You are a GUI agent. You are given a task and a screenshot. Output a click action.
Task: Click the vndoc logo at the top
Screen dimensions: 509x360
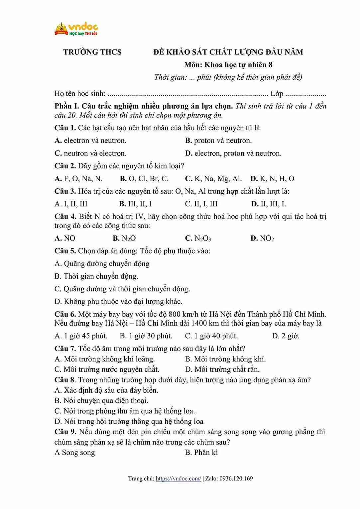(x=76, y=29)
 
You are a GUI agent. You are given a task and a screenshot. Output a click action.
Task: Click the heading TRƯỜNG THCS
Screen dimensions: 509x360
(x=92, y=52)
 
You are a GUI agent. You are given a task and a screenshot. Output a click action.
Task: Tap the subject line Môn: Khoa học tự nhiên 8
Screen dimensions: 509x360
(x=228, y=65)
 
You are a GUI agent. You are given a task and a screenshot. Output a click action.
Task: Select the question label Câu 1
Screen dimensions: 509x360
(x=65, y=128)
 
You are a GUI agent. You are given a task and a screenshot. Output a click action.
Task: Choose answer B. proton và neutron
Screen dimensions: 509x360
(x=218, y=141)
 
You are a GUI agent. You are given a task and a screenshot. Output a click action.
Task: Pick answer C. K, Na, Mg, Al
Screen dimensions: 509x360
(x=213, y=179)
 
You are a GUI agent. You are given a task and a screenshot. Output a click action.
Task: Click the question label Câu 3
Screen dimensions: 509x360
(x=65, y=191)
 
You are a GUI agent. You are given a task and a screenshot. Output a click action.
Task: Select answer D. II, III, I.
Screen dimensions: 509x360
(x=269, y=204)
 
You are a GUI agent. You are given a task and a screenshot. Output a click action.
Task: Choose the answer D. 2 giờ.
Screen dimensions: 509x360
(x=286, y=336)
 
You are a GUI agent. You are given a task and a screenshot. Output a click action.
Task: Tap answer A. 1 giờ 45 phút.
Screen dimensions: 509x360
(x=81, y=336)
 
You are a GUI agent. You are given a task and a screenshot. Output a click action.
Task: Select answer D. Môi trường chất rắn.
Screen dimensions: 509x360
(x=222, y=369)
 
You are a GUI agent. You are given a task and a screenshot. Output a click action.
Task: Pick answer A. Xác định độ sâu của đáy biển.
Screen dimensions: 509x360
(x=106, y=390)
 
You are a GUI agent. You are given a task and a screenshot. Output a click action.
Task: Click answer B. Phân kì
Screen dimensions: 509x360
(x=201, y=453)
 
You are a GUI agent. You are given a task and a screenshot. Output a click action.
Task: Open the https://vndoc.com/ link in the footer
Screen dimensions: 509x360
(x=178, y=479)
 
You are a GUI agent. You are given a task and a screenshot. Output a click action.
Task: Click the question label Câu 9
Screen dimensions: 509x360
(x=65, y=432)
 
